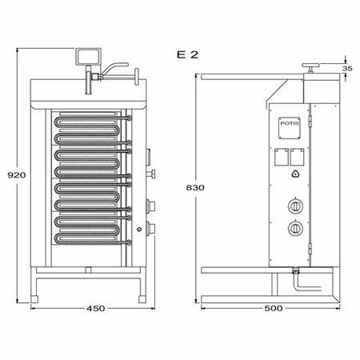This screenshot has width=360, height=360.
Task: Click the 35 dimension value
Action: (346, 70)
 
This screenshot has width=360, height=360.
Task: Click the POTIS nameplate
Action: (289, 124)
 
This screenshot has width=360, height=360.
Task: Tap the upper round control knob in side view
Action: (295, 206)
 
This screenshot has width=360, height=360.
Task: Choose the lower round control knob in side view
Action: (295, 230)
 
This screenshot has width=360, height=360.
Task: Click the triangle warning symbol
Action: (295, 174)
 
